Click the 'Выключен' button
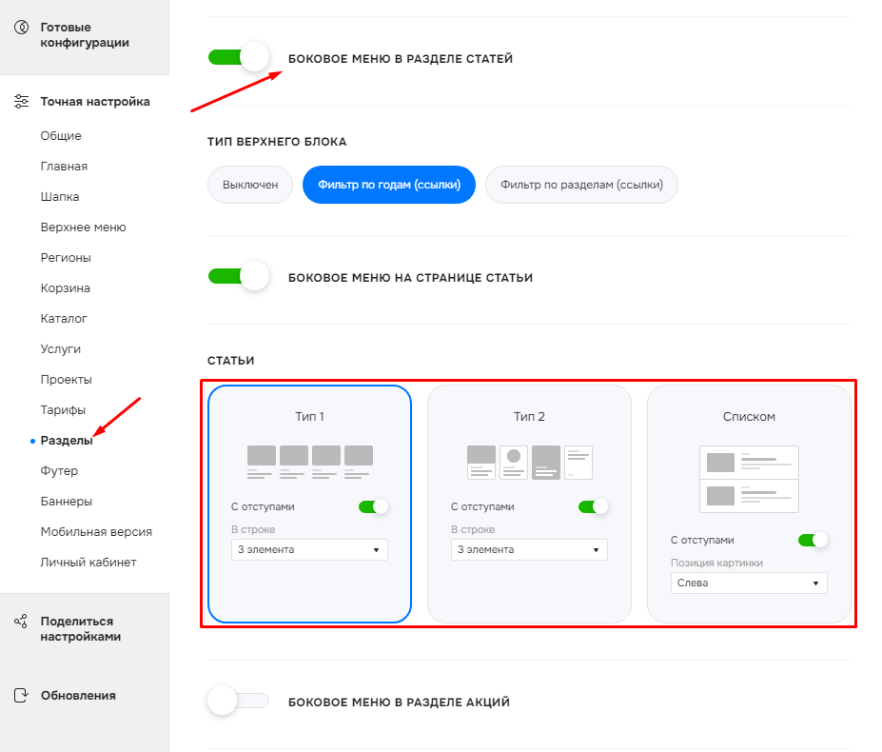pos(249,185)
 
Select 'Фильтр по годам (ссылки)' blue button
pos(389,185)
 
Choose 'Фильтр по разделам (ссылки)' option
pos(581,185)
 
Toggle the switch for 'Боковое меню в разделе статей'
pos(239,57)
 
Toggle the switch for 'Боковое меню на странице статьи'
pos(239,276)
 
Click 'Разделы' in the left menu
pos(67,440)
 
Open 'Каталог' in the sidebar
pos(64,319)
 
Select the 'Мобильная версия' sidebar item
pos(96,532)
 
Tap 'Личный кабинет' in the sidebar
pos(88,563)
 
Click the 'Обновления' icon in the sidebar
pos(21,695)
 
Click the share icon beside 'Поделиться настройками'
pos(21,622)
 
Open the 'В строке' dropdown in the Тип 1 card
pos(309,549)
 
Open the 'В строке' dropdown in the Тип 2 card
pos(529,549)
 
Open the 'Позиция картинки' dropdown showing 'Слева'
pos(749,583)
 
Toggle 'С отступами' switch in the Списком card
pos(813,540)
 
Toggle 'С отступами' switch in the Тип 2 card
pos(593,506)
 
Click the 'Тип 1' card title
pos(309,417)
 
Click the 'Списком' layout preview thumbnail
pos(749,479)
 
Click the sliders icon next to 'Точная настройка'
pos(21,101)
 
